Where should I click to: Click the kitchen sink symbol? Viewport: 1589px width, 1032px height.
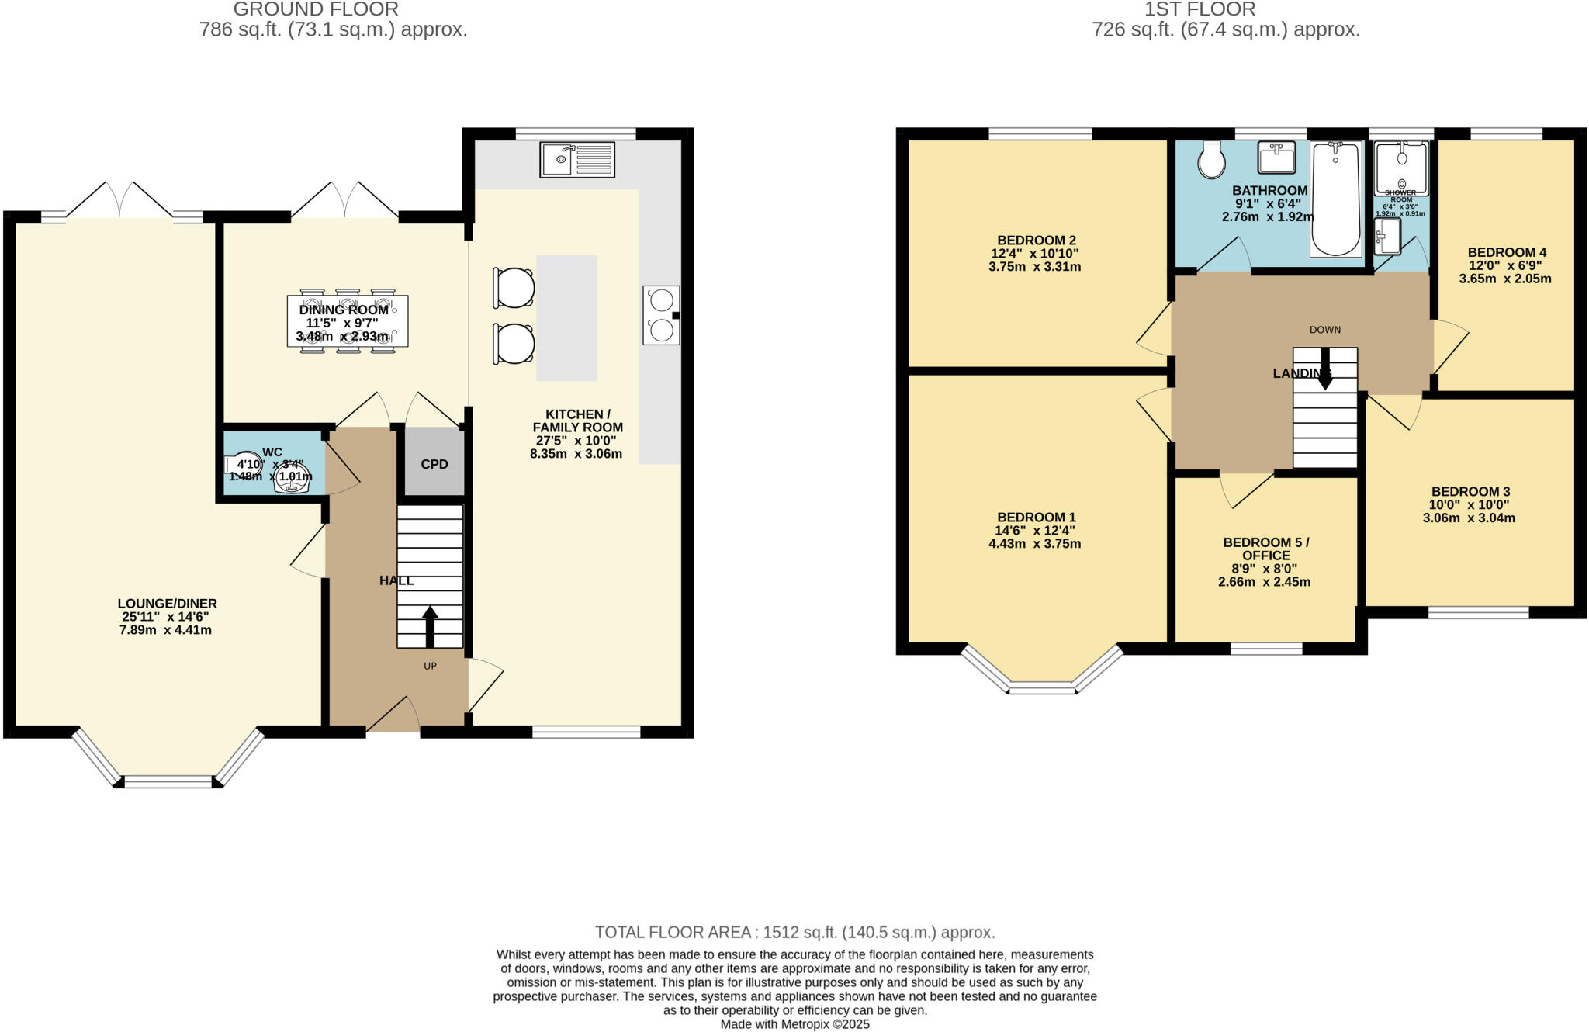(577, 159)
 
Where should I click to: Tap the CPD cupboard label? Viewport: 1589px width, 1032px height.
(434, 464)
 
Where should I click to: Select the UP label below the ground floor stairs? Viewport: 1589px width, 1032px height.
(430, 666)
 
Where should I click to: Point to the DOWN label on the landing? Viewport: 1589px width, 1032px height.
(1324, 330)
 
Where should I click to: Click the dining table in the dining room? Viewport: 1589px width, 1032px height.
(348, 320)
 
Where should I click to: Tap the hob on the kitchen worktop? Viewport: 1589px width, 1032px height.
(661, 314)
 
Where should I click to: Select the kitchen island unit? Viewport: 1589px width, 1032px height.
(566, 318)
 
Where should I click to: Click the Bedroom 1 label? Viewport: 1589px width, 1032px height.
(1036, 518)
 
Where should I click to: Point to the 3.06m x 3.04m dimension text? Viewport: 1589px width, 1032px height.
(1468, 518)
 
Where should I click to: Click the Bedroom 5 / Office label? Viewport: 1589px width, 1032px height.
(1265, 549)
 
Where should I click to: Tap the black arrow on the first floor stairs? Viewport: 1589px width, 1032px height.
(1324, 368)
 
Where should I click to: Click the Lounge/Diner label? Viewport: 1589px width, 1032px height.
(167, 604)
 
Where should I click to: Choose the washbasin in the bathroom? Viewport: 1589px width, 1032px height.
(1276, 158)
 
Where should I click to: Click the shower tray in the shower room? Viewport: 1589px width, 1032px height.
(1400, 168)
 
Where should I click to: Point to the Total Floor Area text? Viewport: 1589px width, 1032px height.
(794, 932)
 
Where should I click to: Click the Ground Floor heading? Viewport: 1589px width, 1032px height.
(316, 9)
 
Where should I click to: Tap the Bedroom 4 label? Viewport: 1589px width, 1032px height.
(1506, 252)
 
